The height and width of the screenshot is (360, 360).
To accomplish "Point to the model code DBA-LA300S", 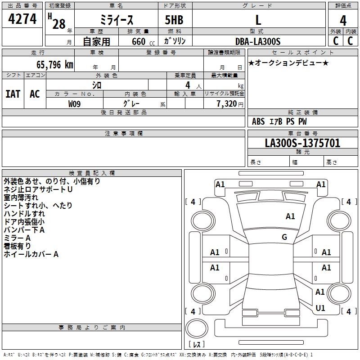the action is [x=258, y=41].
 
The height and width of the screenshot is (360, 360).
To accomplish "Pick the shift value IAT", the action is [x=13, y=94].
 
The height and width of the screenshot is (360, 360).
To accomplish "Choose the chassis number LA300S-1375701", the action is [x=302, y=143].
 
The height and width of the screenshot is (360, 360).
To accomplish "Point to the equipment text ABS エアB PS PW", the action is [x=279, y=121].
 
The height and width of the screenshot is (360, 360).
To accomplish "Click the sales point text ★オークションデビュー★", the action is [x=288, y=63].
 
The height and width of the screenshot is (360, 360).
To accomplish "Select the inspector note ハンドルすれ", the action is [x=24, y=213].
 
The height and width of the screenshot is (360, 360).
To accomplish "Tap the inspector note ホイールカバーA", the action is [x=31, y=254].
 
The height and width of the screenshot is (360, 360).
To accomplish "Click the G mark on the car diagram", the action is [x=284, y=237].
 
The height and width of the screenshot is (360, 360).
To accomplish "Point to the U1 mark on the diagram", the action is [x=320, y=308].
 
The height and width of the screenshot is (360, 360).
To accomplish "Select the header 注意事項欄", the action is [x=123, y=134].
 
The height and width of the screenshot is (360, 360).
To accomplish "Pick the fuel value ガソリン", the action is [x=175, y=41].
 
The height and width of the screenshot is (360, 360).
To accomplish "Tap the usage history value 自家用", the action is [x=96, y=41].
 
